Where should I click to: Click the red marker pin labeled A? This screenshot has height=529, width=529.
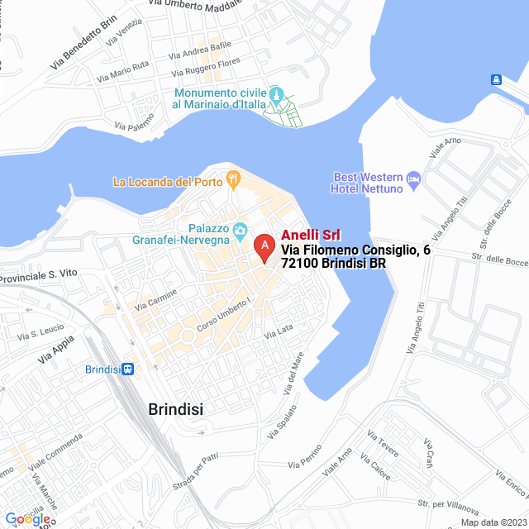pyautogui.click(x=264, y=246)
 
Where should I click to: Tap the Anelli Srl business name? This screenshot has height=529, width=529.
pyautogui.click(x=311, y=235)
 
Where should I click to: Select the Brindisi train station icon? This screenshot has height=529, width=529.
pyautogui.click(x=127, y=369)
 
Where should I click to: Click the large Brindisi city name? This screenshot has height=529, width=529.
pyautogui.click(x=175, y=409)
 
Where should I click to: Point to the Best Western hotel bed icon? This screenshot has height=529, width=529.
pyautogui.click(x=414, y=178)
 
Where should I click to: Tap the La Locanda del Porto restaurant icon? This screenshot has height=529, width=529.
pyautogui.click(x=234, y=177)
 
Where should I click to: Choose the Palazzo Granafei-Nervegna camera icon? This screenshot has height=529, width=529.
pyautogui.click(x=241, y=229)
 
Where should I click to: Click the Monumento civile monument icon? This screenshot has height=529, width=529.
pyautogui.click(x=278, y=93)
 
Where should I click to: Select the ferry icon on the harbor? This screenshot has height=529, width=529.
pyautogui.click(x=496, y=79)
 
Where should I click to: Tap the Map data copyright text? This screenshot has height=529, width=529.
pyautogui.click(x=492, y=522)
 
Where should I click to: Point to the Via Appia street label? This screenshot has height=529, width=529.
pyautogui.click(x=55, y=349)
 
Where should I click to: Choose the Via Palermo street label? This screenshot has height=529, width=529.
pyautogui.click(x=135, y=123)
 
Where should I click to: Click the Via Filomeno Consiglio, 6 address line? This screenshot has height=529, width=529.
pyautogui.click(x=355, y=250)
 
